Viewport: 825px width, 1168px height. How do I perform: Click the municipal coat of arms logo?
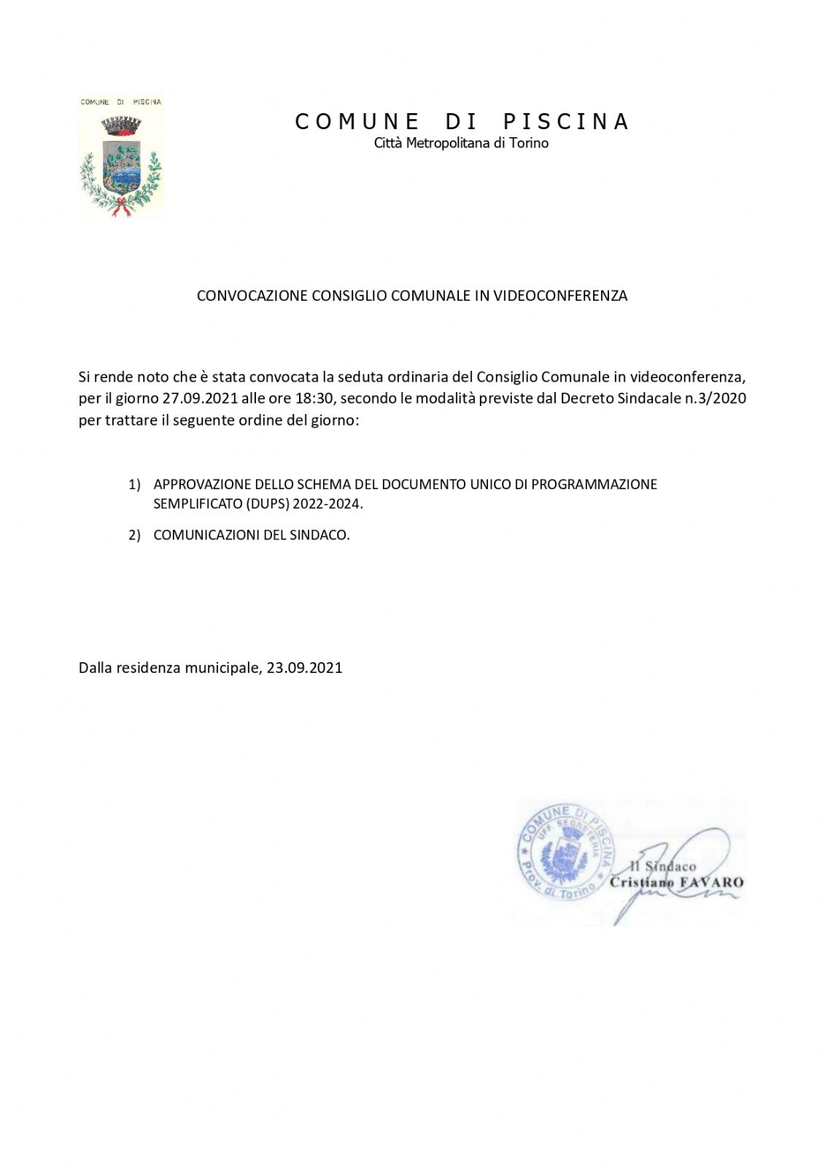121,157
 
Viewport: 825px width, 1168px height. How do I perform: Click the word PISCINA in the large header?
566,121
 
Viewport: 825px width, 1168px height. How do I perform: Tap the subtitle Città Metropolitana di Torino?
461,143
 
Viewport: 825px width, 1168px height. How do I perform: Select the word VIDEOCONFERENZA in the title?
560,296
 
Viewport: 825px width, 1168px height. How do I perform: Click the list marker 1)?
134,485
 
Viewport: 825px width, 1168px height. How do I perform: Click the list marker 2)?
134,535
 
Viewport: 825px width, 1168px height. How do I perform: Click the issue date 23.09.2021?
304,668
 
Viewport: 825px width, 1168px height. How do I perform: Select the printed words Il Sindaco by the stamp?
662,867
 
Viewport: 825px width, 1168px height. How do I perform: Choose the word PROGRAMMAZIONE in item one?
594,485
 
